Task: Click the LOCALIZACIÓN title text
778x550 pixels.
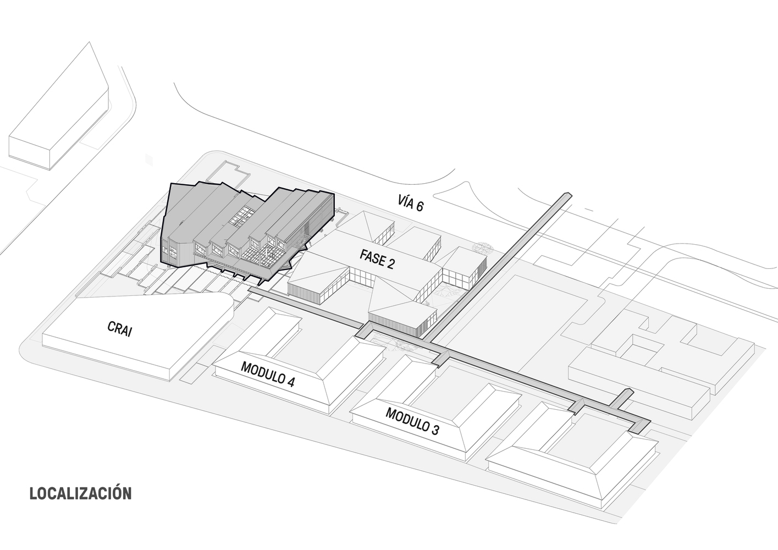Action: click(80, 493)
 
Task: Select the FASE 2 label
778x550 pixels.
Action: click(377, 258)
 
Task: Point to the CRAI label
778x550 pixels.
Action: click(119, 330)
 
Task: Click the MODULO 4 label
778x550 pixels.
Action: click(267, 375)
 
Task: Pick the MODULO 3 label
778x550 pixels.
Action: click(412, 421)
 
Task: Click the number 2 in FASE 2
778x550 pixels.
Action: click(390, 264)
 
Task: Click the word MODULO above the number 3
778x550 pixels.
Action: click(406, 419)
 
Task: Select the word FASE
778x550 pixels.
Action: click(371, 256)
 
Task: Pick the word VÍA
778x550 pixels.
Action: click(406, 201)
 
